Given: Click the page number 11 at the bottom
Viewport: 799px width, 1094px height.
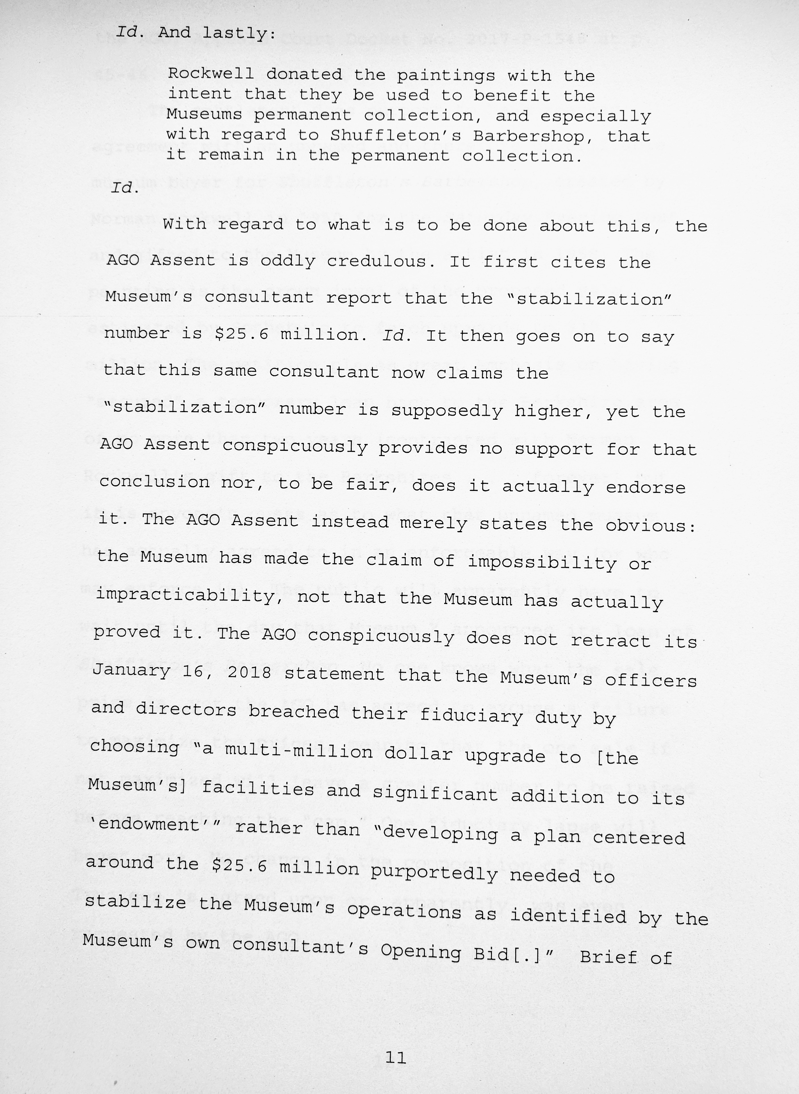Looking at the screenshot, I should point(396,1058).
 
